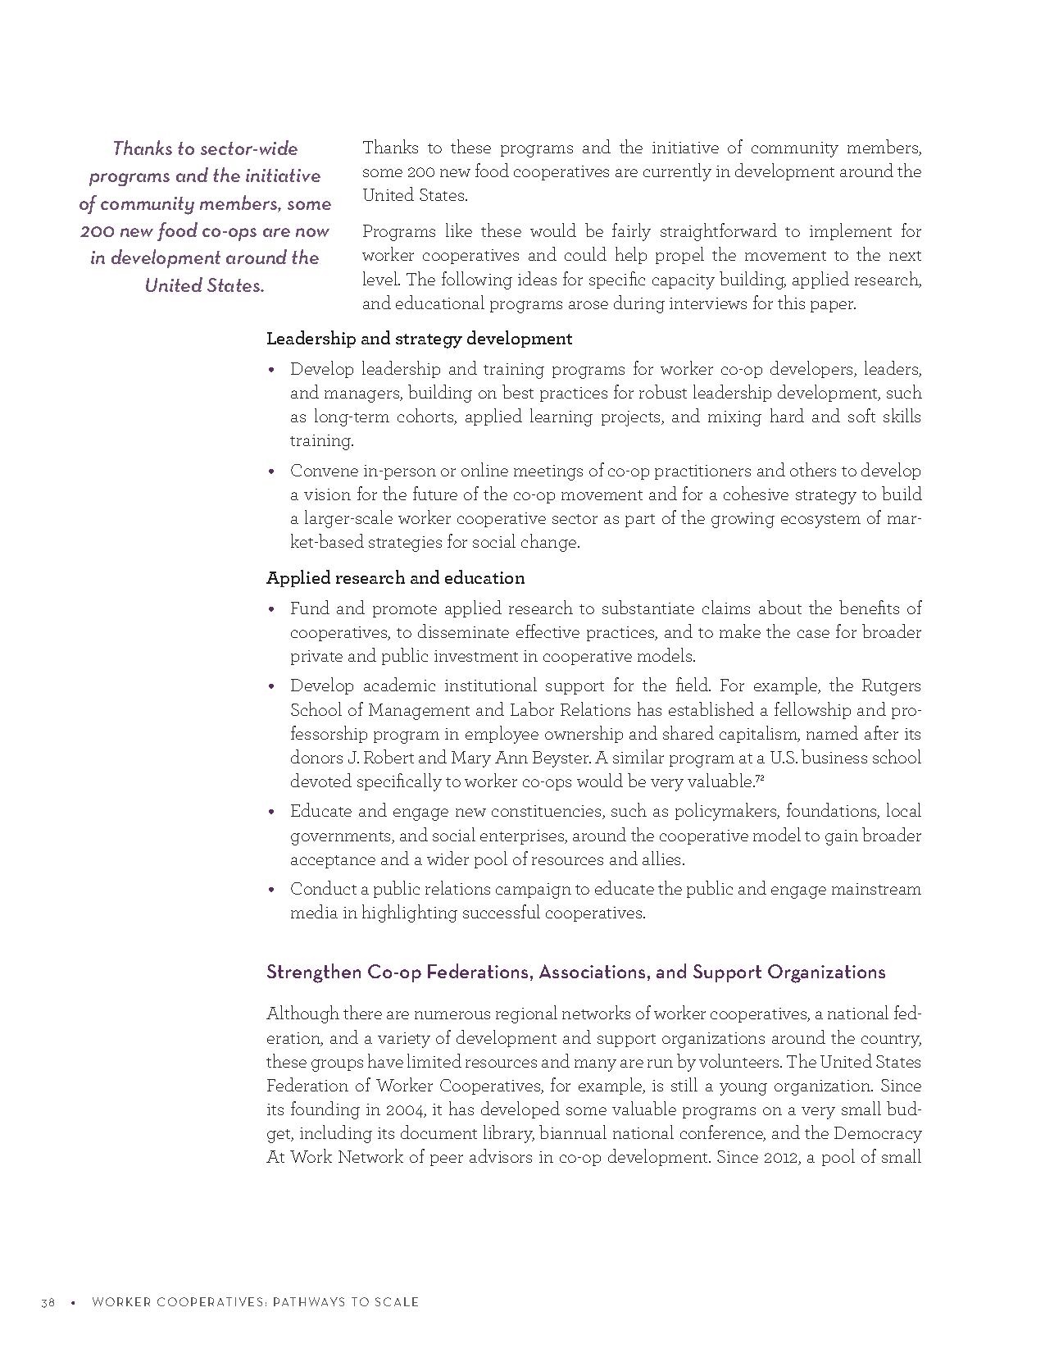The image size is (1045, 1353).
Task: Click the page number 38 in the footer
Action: point(48,1302)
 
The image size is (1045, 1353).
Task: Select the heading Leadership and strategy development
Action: point(419,339)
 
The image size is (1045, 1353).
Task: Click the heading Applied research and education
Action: point(395,578)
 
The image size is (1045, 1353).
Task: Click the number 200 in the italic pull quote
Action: point(97,230)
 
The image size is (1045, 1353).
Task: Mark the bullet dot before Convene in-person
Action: point(271,471)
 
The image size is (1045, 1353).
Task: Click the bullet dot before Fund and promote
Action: point(271,609)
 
